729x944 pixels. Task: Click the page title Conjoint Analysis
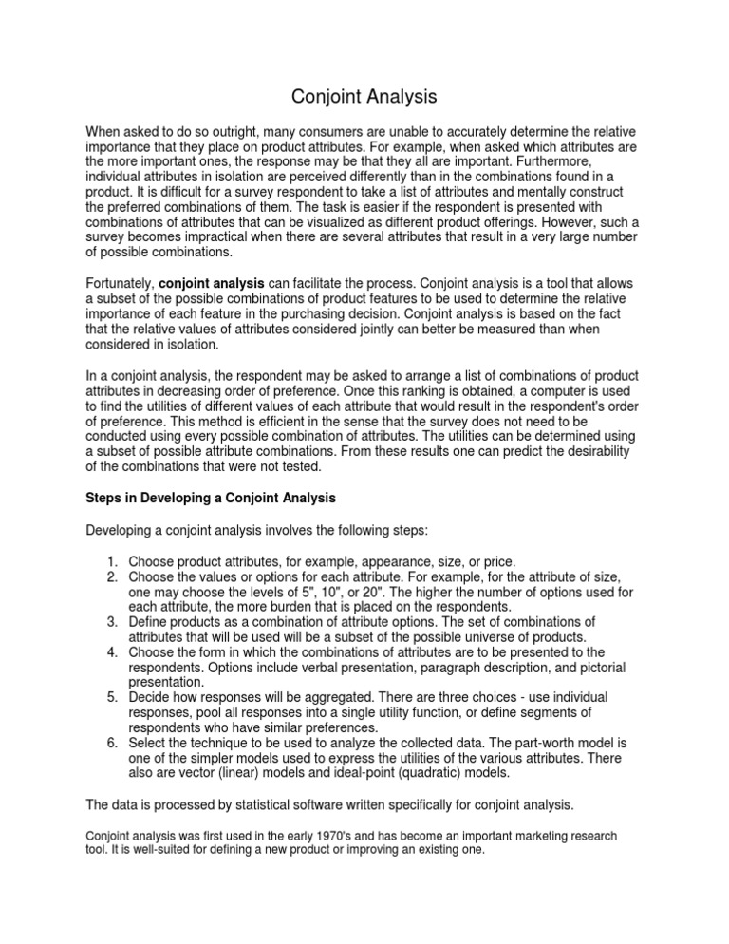(365, 96)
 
